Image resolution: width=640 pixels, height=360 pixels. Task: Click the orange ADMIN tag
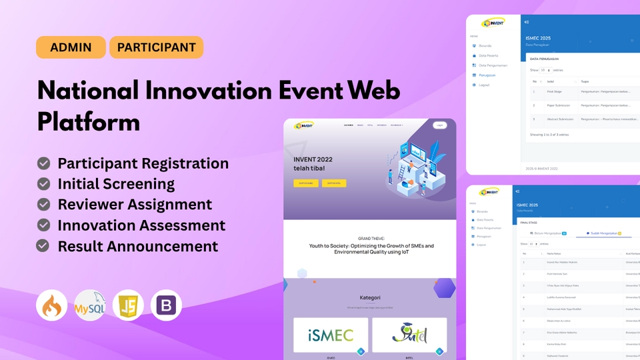coord(71,47)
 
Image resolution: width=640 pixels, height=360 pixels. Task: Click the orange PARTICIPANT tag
coord(156,47)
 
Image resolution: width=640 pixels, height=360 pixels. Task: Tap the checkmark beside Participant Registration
coord(44,163)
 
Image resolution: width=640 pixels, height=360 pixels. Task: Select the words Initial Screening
coord(116,184)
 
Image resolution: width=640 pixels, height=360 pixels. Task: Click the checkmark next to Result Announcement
coord(44,245)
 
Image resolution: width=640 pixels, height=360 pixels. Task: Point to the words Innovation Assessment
coord(141,225)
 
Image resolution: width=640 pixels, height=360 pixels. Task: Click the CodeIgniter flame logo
coord(51,305)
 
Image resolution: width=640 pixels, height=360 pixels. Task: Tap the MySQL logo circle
coord(90,305)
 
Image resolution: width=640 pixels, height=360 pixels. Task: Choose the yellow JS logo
coord(128,305)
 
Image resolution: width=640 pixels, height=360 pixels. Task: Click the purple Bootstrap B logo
coord(166,305)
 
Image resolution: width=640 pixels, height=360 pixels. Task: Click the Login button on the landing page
coord(439,125)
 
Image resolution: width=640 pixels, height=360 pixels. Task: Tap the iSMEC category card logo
coord(331,335)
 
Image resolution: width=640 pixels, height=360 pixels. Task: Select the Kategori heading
coord(369,297)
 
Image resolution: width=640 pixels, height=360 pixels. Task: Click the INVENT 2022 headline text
coord(313,159)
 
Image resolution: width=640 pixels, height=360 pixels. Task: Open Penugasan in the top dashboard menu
coord(487,75)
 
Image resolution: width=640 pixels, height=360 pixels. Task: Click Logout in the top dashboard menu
coord(484,85)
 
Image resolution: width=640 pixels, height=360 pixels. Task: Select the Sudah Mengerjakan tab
coord(603,233)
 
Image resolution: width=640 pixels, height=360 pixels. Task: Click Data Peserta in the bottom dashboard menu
coord(485,219)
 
